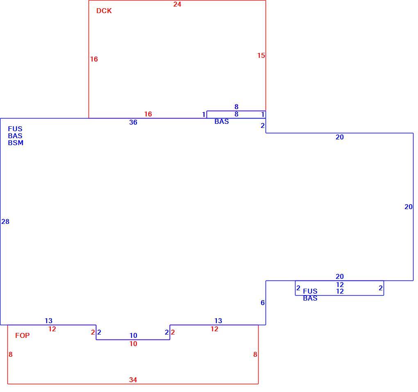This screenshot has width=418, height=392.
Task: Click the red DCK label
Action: [x=104, y=11]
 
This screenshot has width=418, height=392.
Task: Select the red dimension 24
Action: [x=177, y=4]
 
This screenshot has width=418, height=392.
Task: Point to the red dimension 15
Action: [x=261, y=55]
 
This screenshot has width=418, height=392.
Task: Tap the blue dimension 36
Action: [x=133, y=122]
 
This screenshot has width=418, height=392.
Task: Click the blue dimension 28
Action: [x=5, y=221]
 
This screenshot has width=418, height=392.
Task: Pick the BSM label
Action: [x=16, y=143]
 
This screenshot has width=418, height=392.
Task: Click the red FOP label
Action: [x=23, y=335]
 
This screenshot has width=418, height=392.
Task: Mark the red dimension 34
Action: [x=133, y=380]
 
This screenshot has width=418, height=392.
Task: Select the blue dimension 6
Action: [x=263, y=303]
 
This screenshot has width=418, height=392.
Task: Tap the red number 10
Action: [x=133, y=344]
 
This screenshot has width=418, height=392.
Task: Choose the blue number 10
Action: [x=133, y=335]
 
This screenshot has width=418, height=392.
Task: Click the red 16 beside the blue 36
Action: [x=148, y=114]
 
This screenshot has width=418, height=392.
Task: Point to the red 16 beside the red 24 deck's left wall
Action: [x=94, y=59]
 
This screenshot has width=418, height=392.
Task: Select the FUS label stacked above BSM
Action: [x=15, y=129]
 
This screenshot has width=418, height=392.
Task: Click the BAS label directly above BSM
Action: [x=15, y=136]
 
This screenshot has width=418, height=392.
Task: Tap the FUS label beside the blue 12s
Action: [x=310, y=291]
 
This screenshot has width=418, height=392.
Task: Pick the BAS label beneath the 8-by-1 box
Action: [x=222, y=122]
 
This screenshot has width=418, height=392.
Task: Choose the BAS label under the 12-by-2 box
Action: [x=310, y=299]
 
